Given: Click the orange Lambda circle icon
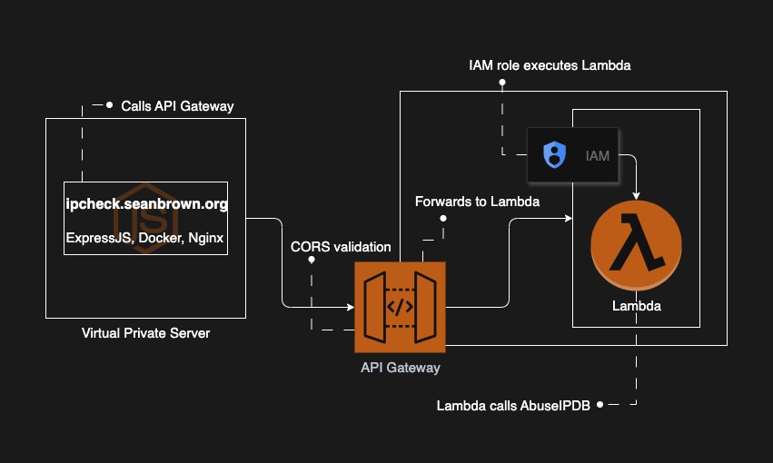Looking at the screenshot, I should [x=636, y=246].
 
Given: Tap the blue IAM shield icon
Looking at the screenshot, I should [x=554, y=155].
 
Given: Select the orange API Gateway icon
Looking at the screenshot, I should [x=401, y=307].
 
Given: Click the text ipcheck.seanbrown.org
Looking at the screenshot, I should [x=146, y=204].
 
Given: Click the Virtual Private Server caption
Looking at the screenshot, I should [x=145, y=333].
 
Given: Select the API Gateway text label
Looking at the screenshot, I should [x=401, y=368].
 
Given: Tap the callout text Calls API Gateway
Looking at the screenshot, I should [x=177, y=106].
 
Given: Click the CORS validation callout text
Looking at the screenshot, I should [x=341, y=246].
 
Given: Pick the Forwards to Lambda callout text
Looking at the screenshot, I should [x=477, y=202].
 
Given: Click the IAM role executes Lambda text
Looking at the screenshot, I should [x=549, y=65].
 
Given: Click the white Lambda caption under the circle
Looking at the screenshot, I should [x=636, y=306].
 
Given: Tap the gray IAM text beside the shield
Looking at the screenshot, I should [x=598, y=156].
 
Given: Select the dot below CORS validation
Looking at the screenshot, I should [x=312, y=261].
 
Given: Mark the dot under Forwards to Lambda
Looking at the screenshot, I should [x=443, y=218].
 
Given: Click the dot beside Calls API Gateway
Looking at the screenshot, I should [x=110, y=105].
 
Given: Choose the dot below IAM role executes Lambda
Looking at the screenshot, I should [x=502, y=83].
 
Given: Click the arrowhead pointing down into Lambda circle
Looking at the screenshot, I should [x=636, y=193].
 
